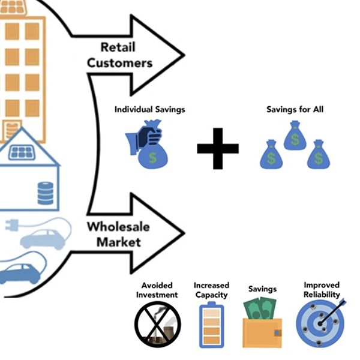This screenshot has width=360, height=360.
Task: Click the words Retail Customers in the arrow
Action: coord(126,54)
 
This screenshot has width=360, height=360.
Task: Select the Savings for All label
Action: coord(290,110)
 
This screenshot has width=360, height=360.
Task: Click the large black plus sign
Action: coord(218,148)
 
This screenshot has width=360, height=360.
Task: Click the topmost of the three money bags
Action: coord(295,134)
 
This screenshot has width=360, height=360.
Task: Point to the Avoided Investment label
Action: coord(160,290)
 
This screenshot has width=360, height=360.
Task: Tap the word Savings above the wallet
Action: coord(262,289)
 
